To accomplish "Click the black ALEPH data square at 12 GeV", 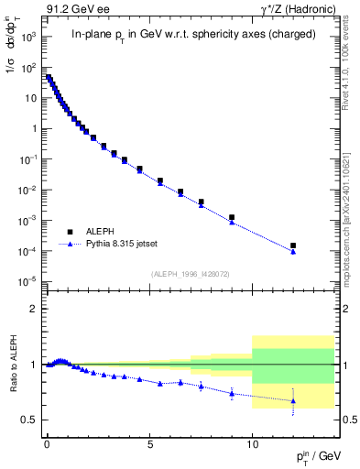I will point(293,245).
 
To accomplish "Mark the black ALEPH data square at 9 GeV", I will point(232,217).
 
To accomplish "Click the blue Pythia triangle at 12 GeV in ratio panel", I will point(293,400).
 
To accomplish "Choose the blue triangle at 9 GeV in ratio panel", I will point(232,392).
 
